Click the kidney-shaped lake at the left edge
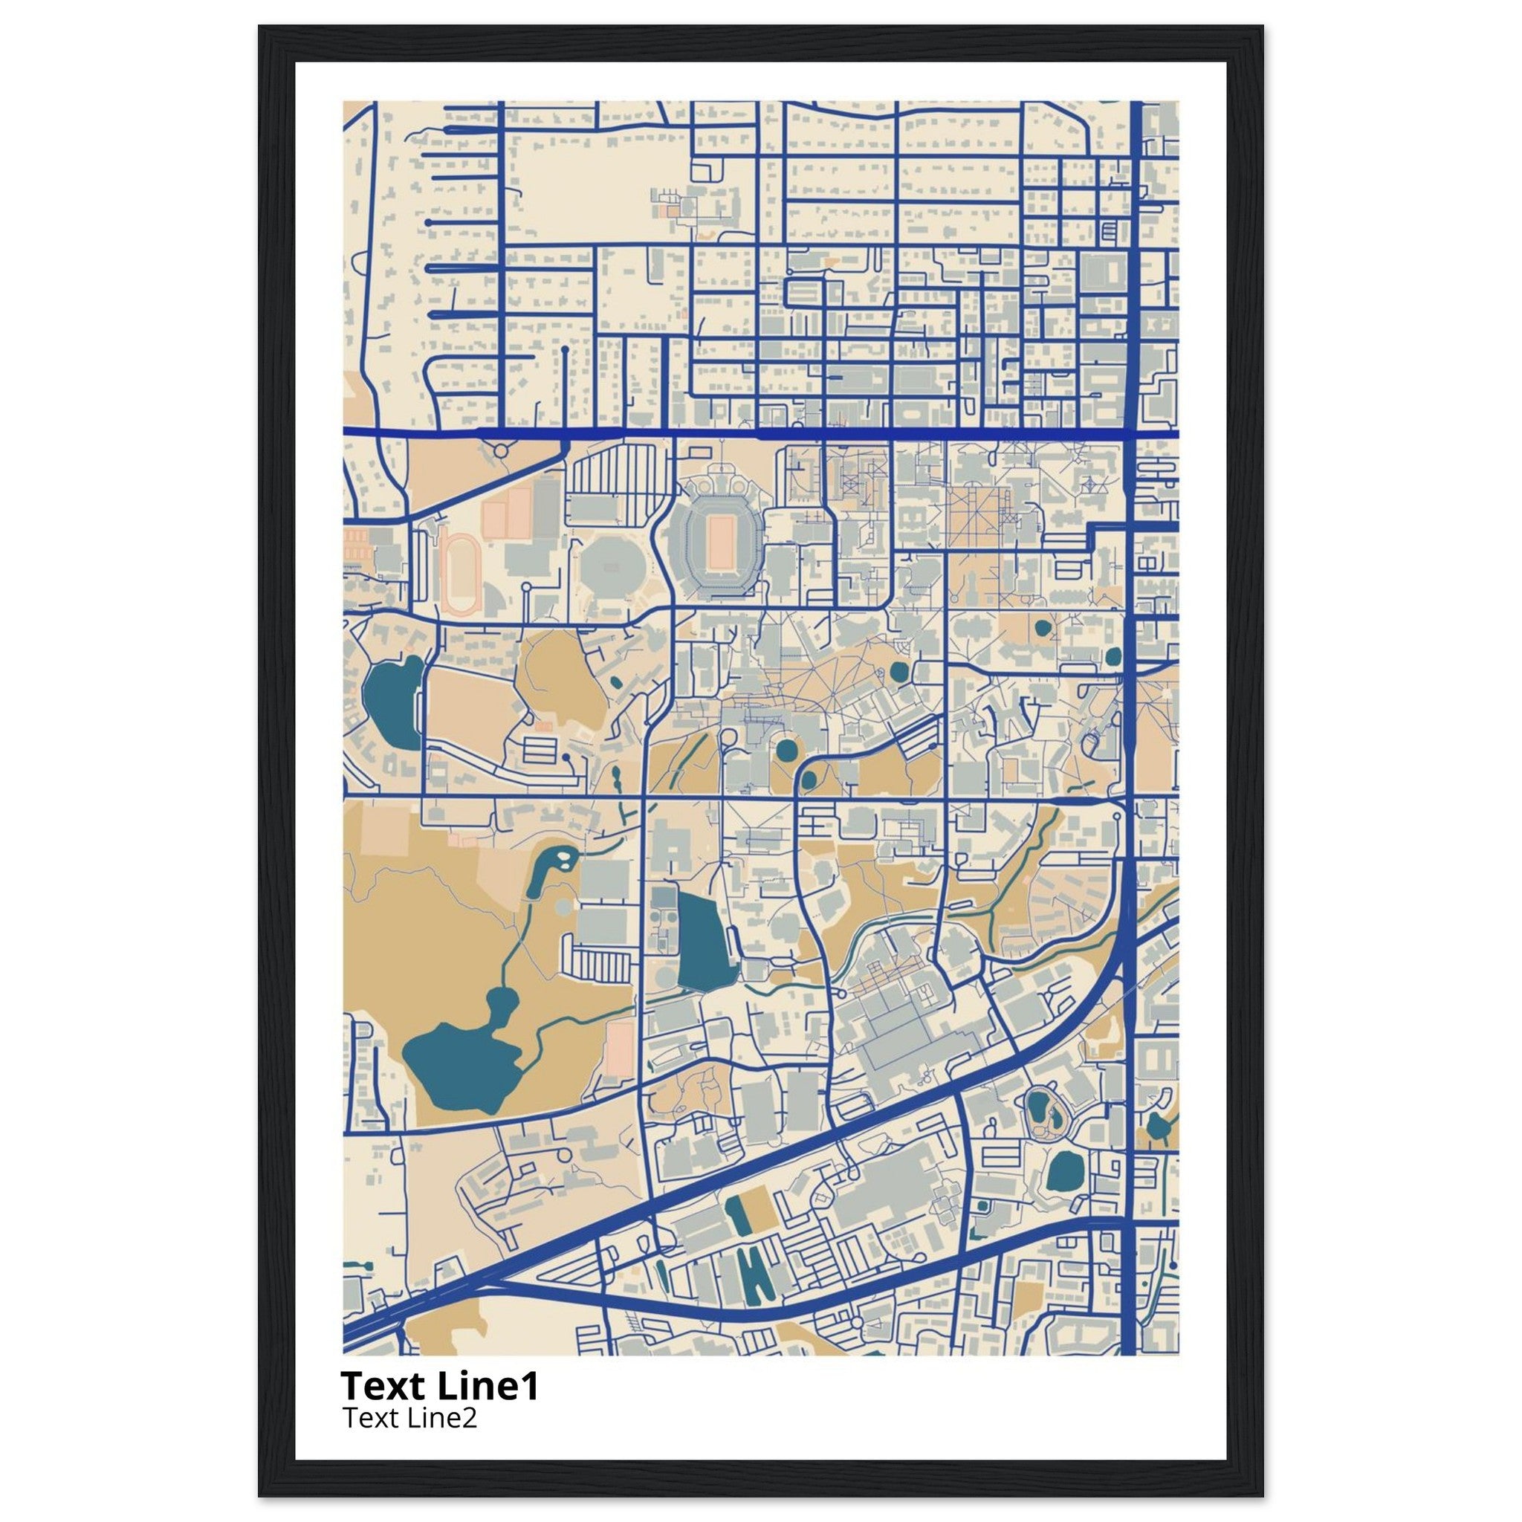coord(392,702)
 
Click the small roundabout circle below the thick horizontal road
coord(500,450)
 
